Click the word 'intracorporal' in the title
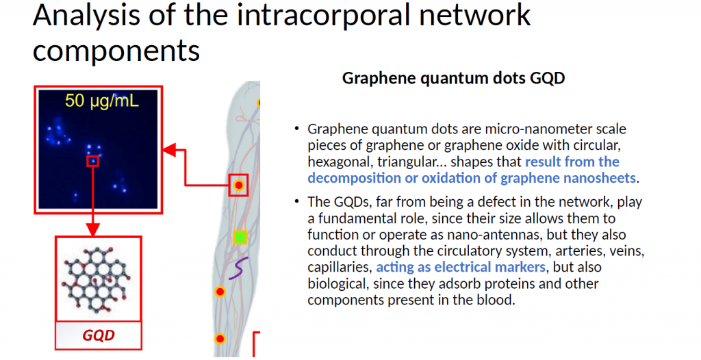pyautogui.click(x=323, y=15)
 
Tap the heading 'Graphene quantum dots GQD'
pyautogui.click(x=453, y=78)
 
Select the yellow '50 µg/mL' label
pyautogui.click(x=102, y=101)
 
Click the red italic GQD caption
pyautogui.click(x=99, y=335)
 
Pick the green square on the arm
pyautogui.click(x=240, y=237)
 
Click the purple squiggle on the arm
pyautogui.click(x=238, y=268)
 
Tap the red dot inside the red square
pyautogui.click(x=239, y=185)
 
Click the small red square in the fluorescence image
pyautogui.click(x=92, y=161)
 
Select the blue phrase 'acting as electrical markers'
pyautogui.click(x=461, y=267)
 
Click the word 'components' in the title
pyautogui.click(x=116, y=51)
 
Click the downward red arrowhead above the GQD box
pyautogui.click(x=92, y=230)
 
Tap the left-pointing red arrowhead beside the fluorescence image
pyautogui.click(x=170, y=151)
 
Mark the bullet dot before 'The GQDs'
pyautogui.click(x=297, y=202)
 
